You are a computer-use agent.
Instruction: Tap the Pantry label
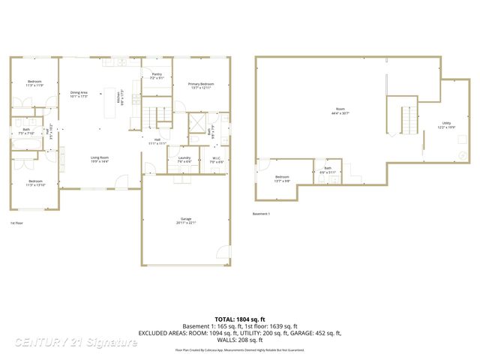[x=157, y=76]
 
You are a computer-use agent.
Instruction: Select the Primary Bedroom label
[x=202, y=85]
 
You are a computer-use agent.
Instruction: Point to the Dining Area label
[x=79, y=94]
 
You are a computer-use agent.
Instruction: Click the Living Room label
[x=100, y=159]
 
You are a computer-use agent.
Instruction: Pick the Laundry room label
[x=184, y=159]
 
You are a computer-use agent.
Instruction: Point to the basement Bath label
[x=328, y=169]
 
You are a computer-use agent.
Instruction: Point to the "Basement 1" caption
[x=260, y=214]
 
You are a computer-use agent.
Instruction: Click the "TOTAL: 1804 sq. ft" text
[x=239, y=319]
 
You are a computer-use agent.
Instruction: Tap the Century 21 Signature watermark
[x=76, y=342]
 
